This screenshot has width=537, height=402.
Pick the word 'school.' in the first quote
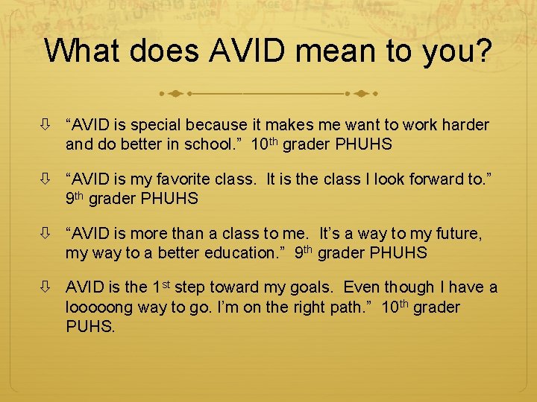pos(212,144)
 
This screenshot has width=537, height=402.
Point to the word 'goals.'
pos(316,288)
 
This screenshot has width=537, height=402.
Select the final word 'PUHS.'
pos(91,327)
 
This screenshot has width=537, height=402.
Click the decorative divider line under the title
pos(268,95)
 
